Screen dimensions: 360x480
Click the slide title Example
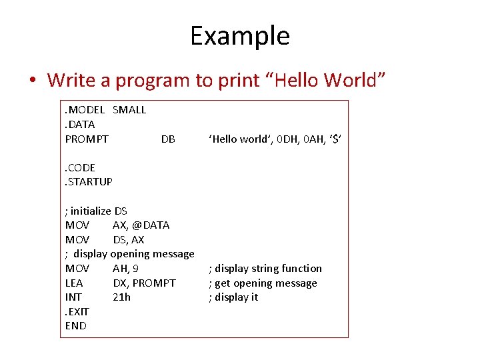point(240,35)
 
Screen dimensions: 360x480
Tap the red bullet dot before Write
point(33,81)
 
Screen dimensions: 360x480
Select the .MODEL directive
point(85,110)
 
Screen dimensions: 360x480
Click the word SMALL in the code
point(129,110)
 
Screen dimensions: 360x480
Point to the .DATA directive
point(80,125)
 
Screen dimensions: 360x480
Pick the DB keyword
point(168,139)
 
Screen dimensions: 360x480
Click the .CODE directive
point(81,168)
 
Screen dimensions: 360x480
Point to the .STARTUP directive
point(89,182)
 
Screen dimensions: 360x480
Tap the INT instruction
point(73,297)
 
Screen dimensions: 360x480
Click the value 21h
point(121,297)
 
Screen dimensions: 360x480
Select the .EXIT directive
point(77,312)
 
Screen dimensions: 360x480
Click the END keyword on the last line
point(75,326)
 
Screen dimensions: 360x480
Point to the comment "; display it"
point(233,297)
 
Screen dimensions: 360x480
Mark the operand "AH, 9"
point(126,269)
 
